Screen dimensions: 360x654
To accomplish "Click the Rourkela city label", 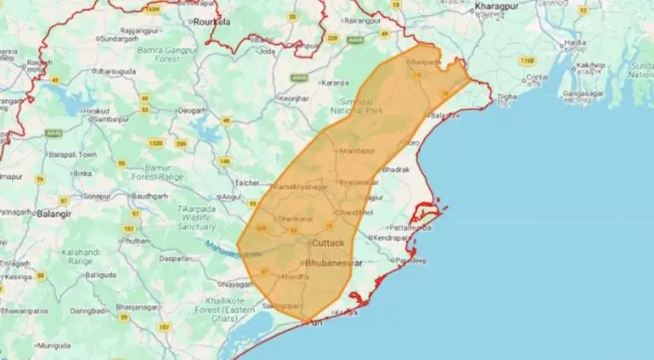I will pyautogui.click(x=212, y=20).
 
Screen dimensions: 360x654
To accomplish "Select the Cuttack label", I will pyautogui.click(x=328, y=243).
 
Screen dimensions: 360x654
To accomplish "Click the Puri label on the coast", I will pyautogui.click(x=315, y=323).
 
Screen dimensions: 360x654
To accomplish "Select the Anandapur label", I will pyautogui.click(x=356, y=151).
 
